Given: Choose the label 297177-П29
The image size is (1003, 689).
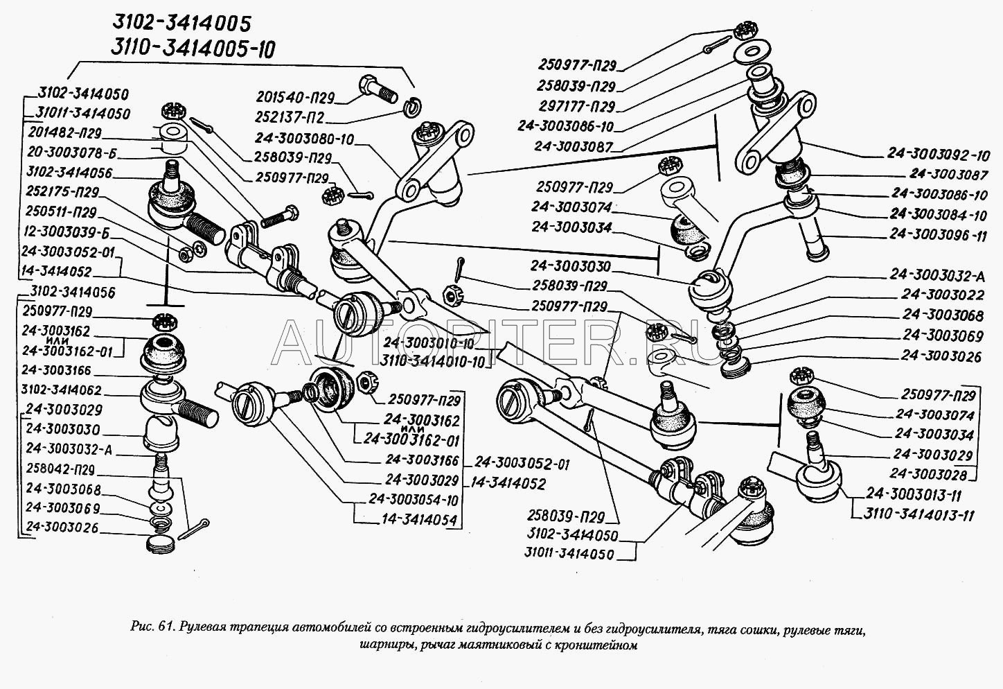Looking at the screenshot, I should click(x=577, y=107).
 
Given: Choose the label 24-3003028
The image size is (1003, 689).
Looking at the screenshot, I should click(x=931, y=474).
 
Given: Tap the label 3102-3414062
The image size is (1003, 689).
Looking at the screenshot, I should click(x=62, y=390).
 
